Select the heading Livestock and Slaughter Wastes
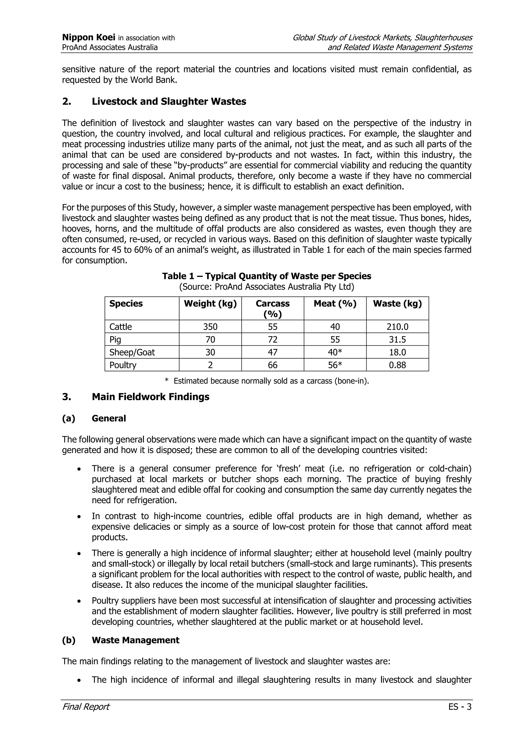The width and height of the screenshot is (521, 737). [x=169, y=101]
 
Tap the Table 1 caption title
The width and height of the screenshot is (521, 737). [x=266, y=276]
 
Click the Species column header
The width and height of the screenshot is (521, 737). [x=126, y=303]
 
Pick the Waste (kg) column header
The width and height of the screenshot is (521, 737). [x=397, y=303]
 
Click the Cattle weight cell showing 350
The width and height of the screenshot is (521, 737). [x=210, y=327]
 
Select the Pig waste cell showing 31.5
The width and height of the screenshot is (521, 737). [x=397, y=340]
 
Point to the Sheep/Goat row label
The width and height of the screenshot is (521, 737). [x=132, y=352]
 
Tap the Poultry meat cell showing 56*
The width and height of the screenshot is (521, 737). [x=335, y=365]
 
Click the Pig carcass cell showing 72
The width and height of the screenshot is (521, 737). [x=272, y=340]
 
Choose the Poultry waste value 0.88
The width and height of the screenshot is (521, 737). [x=397, y=365]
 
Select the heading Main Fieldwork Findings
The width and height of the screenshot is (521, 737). [x=151, y=397]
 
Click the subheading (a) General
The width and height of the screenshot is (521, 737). [x=109, y=418]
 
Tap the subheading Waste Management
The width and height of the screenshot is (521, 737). [x=136, y=640]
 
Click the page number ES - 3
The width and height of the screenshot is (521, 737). [x=460, y=707]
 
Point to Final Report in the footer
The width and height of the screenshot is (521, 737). [x=86, y=707]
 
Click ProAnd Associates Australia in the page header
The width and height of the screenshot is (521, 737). [x=110, y=48]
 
